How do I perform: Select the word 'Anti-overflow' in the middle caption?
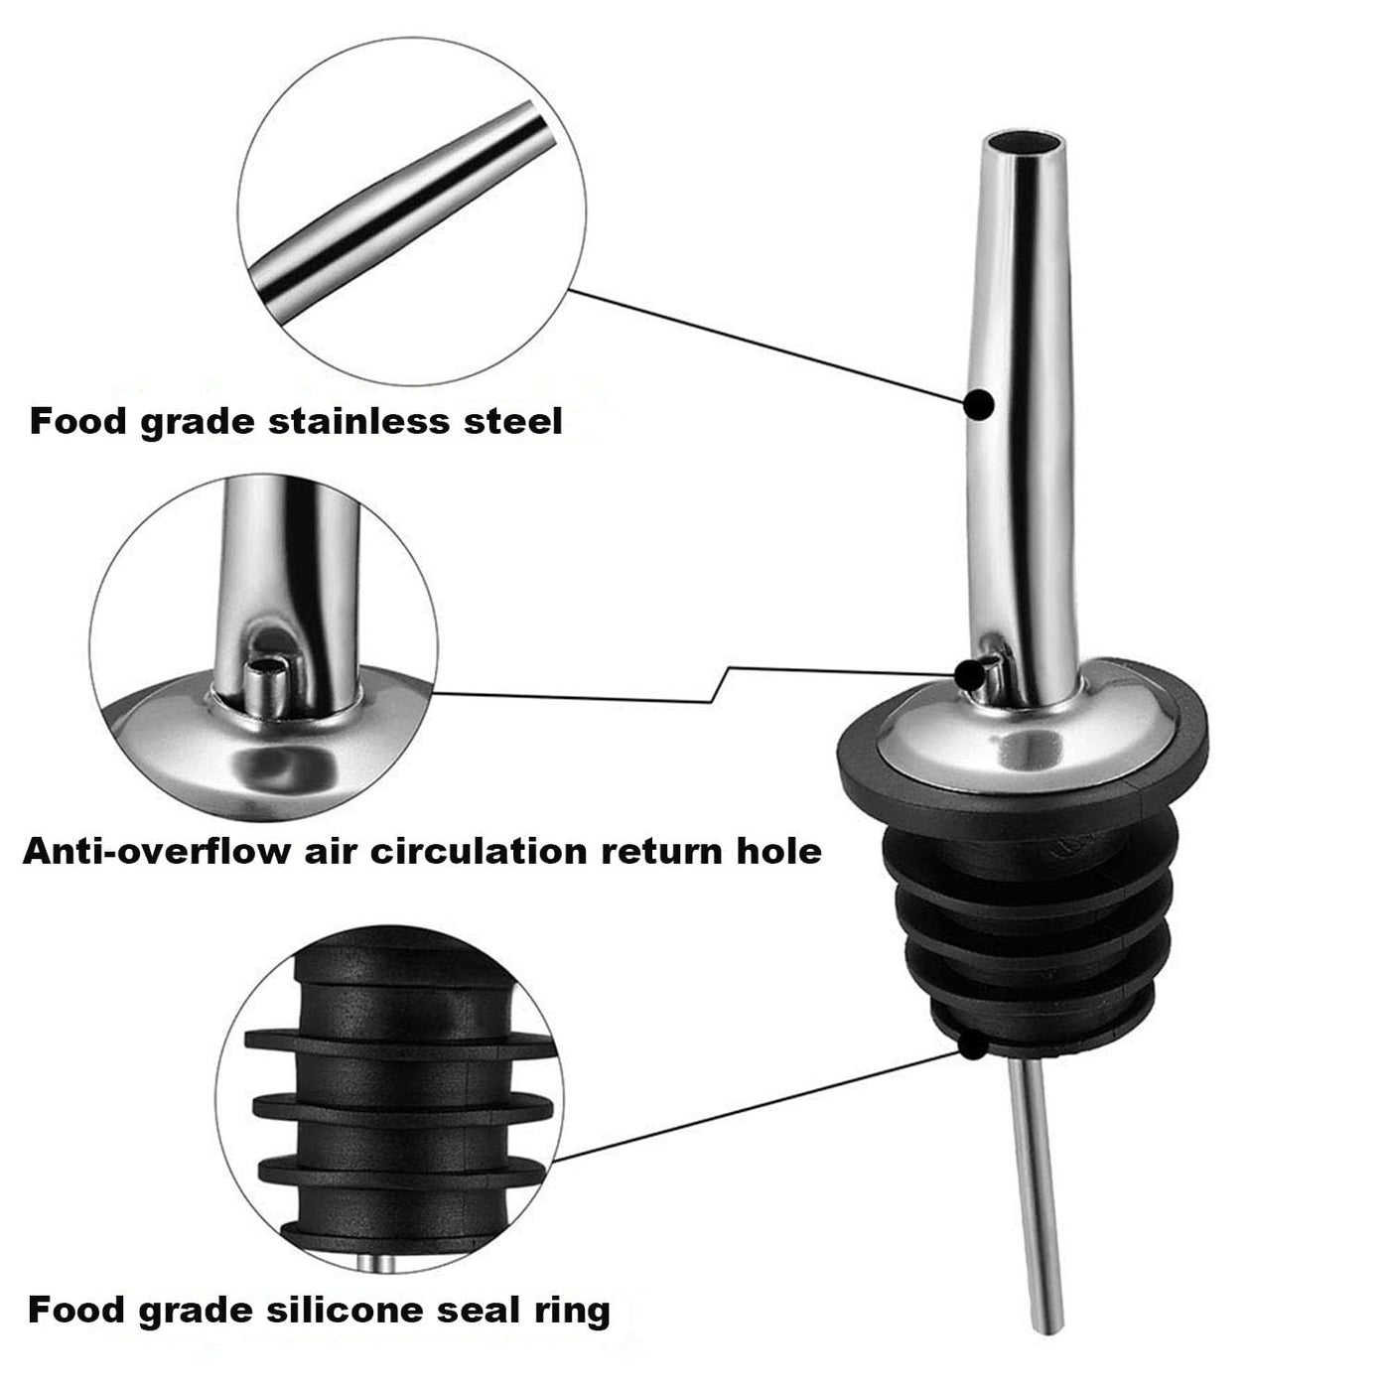[x=156, y=852]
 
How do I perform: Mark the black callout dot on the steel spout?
[x=979, y=404]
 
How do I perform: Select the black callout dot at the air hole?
[x=969, y=674]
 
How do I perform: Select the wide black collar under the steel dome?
[x=1022, y=771]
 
